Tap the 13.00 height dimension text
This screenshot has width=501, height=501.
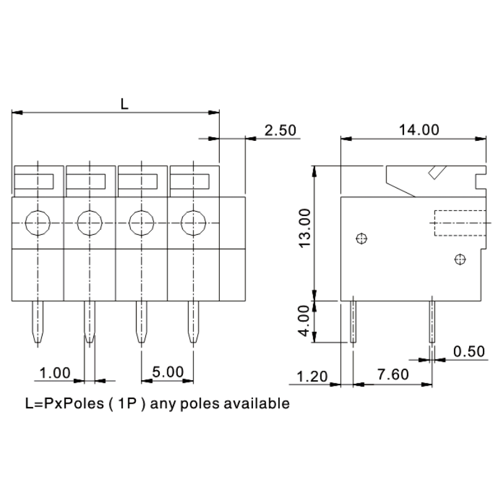coord(304,228)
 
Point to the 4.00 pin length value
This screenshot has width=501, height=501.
coord(304,321)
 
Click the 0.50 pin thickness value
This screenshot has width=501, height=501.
coord(468,351)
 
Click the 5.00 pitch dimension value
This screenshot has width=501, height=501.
coord(167,372)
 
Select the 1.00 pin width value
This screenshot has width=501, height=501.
coord(54,373)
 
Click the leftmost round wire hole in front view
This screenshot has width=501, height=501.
coord(38,220)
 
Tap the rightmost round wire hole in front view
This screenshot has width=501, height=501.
coord(193,220)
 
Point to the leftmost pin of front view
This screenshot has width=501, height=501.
coord(38,323)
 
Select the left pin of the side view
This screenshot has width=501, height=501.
coord(353,321)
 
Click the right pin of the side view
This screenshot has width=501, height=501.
coord(431,321)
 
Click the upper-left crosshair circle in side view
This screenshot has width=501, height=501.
coord(360,238)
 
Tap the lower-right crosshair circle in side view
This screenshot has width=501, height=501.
coord(460,259)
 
